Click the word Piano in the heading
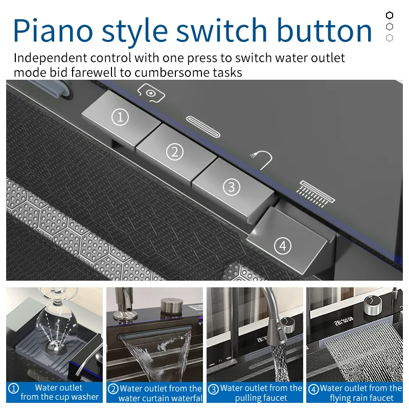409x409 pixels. click(x=53, y=31)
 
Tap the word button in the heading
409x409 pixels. click(x=324, y=30)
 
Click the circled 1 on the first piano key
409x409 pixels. click(x=120, y=117)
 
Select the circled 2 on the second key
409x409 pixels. click(x=175, y=152)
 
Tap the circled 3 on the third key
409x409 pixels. click(x=232, y=187)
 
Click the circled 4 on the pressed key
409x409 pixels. click(x=283, y=246)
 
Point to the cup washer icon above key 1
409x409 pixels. click(x=151, y=93)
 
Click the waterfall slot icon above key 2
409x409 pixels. click(x=203, y=126)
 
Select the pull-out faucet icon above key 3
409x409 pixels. click(x=261, y=160)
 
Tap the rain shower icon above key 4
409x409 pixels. click(x=315, y=194)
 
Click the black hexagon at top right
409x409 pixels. click(x=390, y=15)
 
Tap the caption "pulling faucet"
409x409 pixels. click(x=261, y=398)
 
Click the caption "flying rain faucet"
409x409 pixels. click(x=361, y=398)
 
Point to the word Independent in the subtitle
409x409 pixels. click(x=50, y=58)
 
